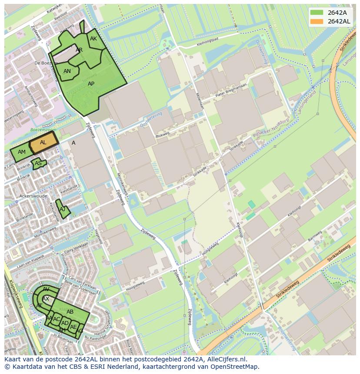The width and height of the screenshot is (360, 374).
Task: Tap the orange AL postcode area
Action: click(43, 143)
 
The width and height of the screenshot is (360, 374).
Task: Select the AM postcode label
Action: click(22, 152)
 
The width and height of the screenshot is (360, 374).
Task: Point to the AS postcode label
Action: click(38, 164)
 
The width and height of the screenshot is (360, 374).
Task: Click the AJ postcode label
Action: click(63, 209)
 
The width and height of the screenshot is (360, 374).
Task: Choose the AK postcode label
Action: click(93, 39)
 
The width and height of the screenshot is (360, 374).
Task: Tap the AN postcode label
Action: click(67, 71)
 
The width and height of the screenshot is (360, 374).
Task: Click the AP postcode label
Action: click(91, 84)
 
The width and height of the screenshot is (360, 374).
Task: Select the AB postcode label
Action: click(70, 312)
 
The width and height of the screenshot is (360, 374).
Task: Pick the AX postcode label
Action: click(46, 299)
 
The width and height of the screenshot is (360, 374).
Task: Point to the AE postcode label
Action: click(73, 327)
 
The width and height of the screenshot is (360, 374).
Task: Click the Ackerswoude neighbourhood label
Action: click(33, 196)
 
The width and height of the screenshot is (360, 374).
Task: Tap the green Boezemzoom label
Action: click(43, 129)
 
